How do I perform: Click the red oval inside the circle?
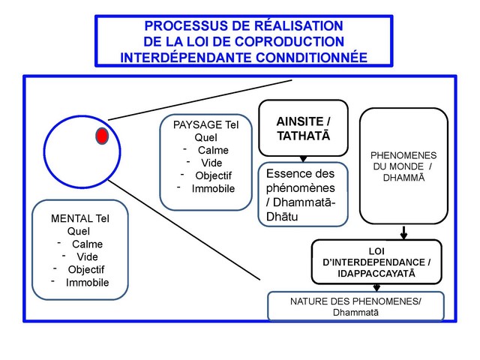[x=102, y=136]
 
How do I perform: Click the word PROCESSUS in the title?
[x=178, y=25]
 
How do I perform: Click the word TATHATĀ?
[x=304, y=136]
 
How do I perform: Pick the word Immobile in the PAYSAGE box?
[x=214, y=188]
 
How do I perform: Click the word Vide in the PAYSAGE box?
[x=211, y=163]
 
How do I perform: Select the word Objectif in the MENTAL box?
[x=86, y=269]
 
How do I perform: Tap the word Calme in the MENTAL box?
[x=88, y=244]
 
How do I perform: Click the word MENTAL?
[x=71, y=218]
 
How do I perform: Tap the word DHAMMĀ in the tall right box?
[x=403, y=178]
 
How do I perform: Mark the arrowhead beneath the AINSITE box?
[x=303, y=158]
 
